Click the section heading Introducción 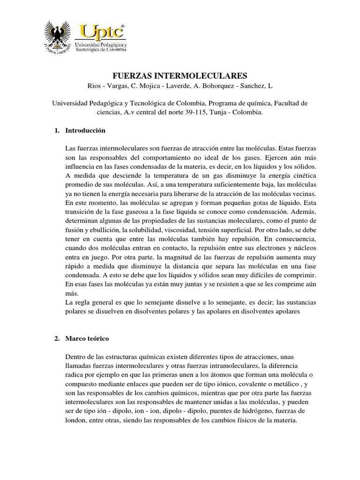pyautogui.click(x=85, y=130)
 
